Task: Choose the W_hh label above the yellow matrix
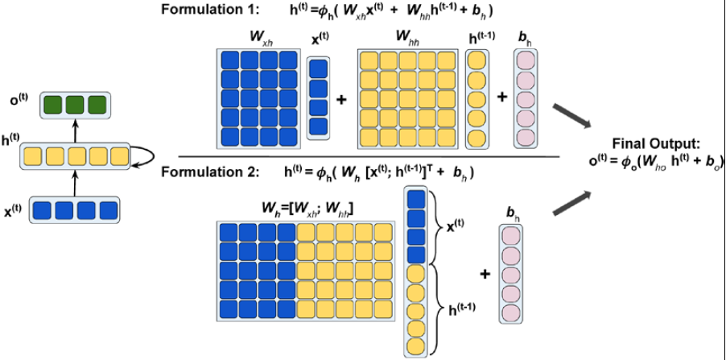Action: [x=407, y=37]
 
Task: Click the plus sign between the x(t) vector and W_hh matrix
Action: [x=341, y=99]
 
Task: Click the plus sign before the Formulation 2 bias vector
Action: [x=485, y=275]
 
